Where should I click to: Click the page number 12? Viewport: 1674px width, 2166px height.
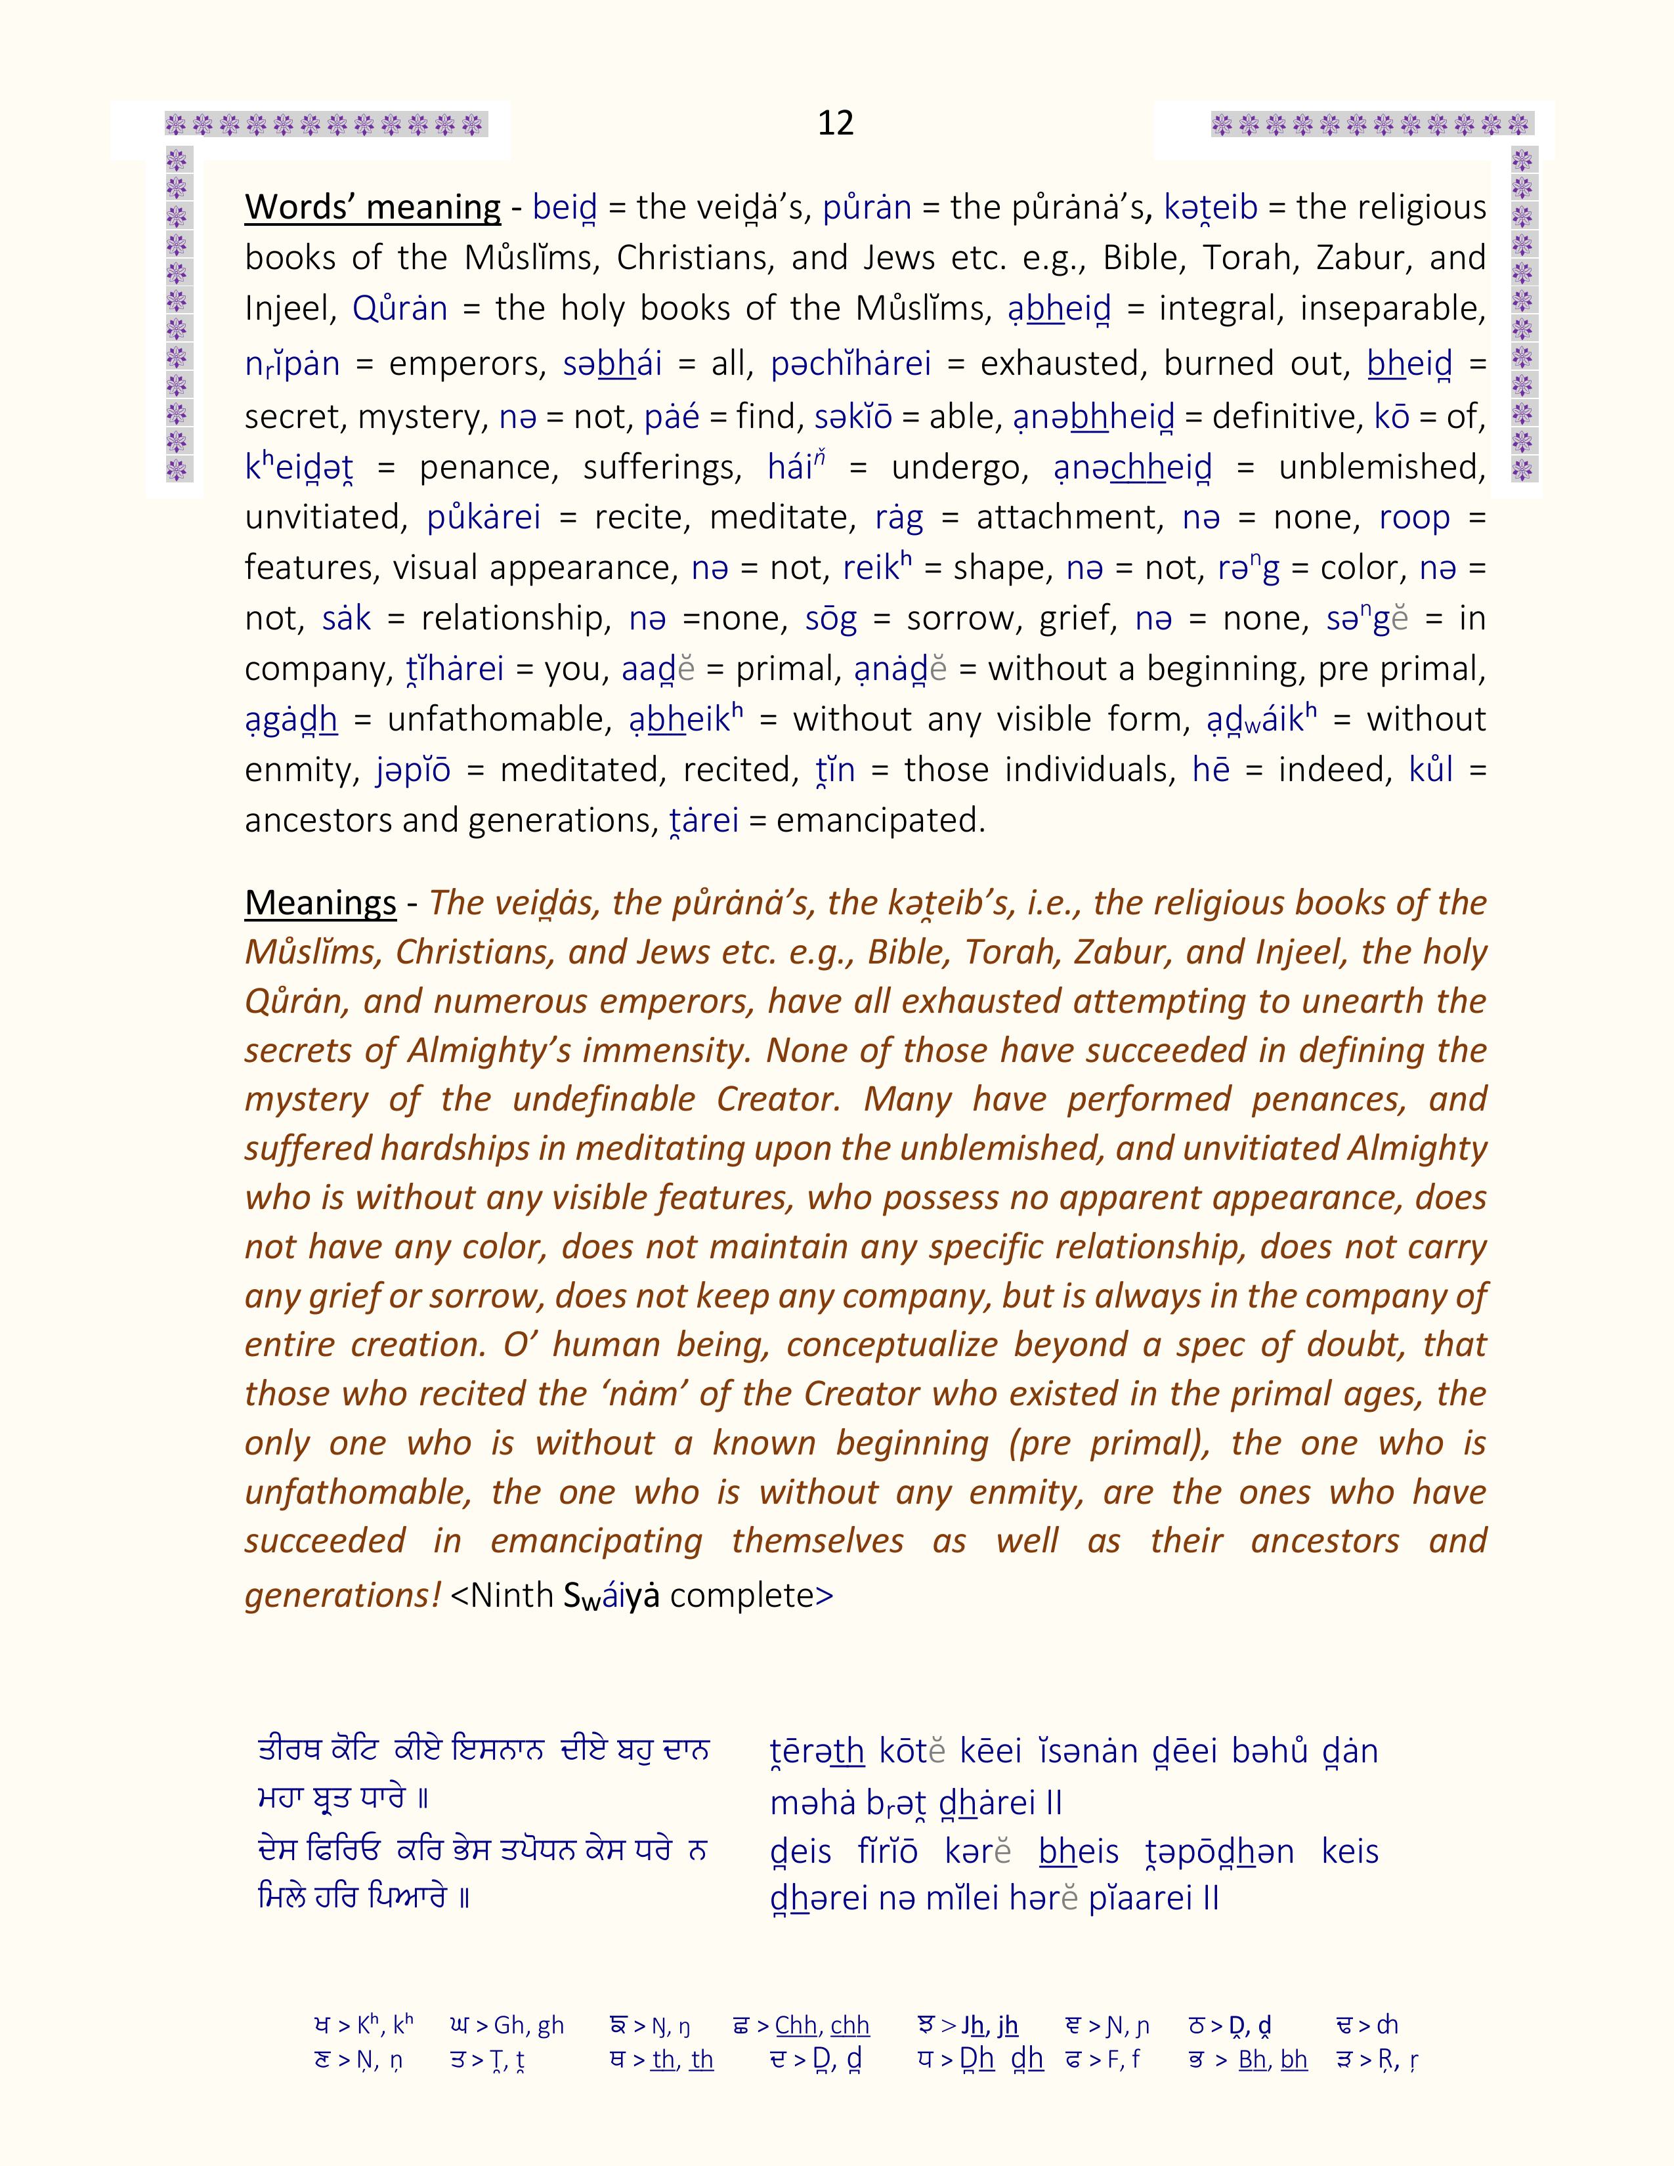click(835, 123)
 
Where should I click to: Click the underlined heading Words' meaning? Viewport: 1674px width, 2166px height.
click(373, 207)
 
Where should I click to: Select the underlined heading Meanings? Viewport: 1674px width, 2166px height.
click(320, 902)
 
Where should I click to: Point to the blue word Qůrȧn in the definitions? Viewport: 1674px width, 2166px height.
click(400, 309)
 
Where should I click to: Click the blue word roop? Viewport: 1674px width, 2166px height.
click(1414, 518)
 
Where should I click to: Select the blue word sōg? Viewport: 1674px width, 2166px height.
click(831, 619)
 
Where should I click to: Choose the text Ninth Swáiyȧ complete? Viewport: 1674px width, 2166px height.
click(641, 1595)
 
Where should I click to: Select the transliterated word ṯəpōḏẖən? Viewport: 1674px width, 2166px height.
click(1219, 1852)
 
